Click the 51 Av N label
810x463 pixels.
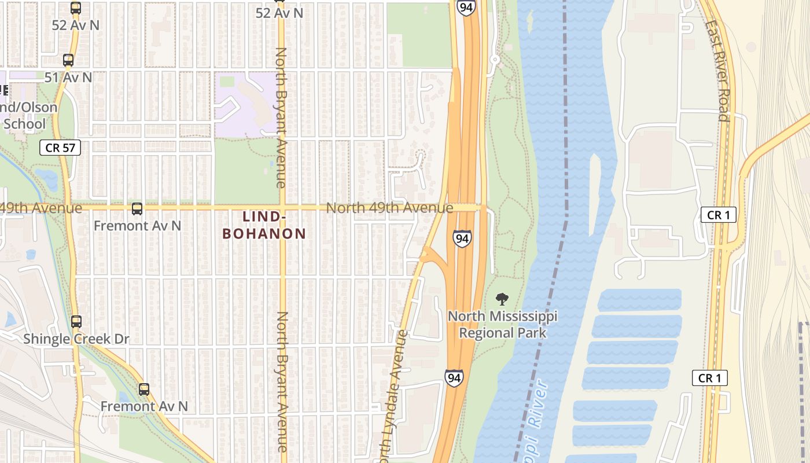(x=68, y=77)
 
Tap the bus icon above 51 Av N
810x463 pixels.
(x=68, y=60)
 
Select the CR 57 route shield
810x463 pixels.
(x=60, y=148)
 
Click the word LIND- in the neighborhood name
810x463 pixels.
(x=264, y=216)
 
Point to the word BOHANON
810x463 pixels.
(x=264, y=234)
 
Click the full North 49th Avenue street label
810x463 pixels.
(x=389, y=208)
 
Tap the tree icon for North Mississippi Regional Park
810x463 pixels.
(x=502, y=299)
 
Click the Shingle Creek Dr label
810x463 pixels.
(x=76, y=339)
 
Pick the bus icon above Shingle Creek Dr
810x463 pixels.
(x=76, y=322)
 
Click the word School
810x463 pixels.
(x=24, y=123)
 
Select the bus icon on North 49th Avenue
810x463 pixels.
(x=137, y=209)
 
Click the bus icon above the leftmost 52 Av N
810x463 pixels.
(x=76, y=8)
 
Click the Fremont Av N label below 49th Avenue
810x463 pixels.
(x=138, y=226)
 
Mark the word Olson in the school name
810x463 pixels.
(x=40, y=108)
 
